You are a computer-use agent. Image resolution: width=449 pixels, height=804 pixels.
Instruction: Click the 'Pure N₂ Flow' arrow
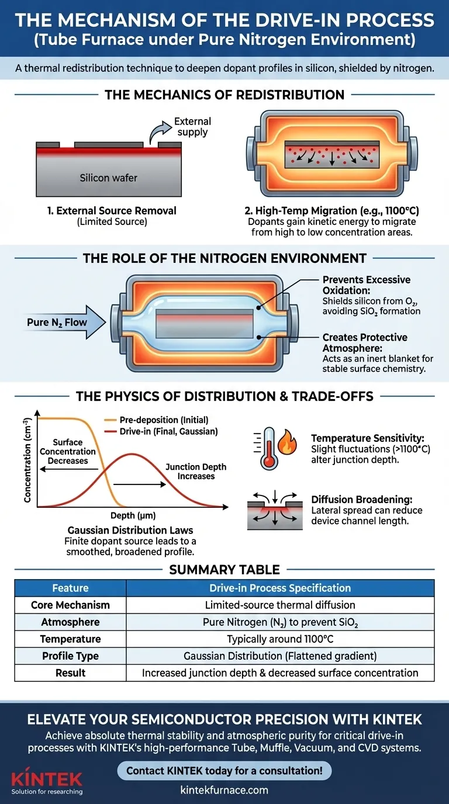[x=58, y=323]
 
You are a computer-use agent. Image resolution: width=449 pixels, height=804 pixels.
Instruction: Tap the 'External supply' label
[x=192, y=127]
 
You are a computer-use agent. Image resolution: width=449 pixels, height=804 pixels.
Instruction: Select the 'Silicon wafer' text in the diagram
[x=109, y=178]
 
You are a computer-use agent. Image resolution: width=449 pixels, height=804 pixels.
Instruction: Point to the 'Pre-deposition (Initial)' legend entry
[x=163, y=420]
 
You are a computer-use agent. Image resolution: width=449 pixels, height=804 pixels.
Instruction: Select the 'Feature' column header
[x=70, y=588]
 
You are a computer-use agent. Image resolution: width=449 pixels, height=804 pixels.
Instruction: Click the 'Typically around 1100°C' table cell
[x=280, y=639]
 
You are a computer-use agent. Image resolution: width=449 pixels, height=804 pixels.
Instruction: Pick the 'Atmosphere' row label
[x=70, y=622]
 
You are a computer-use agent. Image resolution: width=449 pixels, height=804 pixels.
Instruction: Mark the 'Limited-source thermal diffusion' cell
[x=280, y=605]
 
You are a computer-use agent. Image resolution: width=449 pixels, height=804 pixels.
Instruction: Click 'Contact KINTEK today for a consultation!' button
[x=224, y=770]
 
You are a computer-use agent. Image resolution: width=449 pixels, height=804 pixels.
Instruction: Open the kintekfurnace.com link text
[x=224, y=790]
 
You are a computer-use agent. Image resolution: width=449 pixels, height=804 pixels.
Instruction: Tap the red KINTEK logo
[x=47, y=778]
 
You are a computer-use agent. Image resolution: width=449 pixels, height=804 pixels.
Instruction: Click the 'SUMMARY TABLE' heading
[x=224, y=569]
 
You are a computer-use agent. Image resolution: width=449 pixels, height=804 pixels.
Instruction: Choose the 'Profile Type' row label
[x=70, y=656]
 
